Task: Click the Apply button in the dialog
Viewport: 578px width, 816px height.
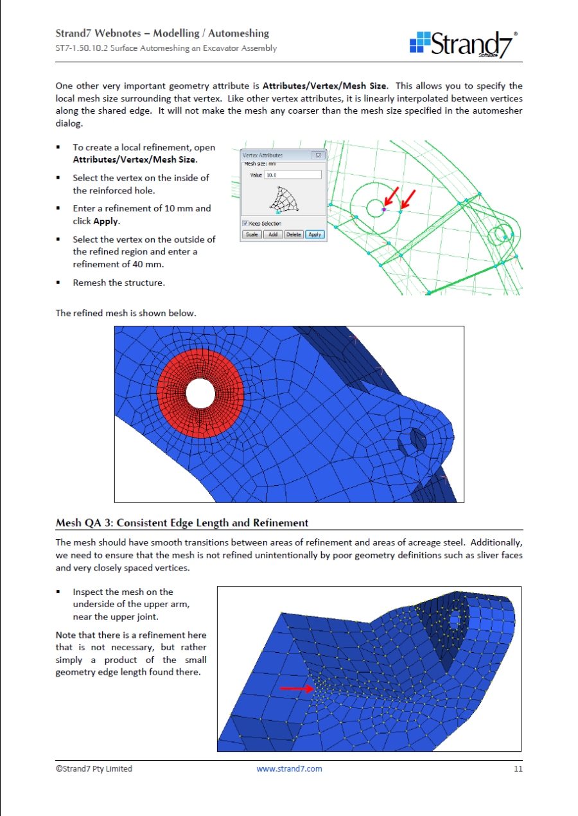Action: (x=315, y=235)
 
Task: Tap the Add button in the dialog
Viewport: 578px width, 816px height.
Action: (x=272, y=235)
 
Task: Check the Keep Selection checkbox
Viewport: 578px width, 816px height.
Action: (x=245, y=223)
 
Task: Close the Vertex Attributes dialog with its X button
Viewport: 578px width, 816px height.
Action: (x=317, y=155)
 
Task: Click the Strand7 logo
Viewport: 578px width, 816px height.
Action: (x=463, y=44)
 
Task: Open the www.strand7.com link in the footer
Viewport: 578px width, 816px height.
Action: (x=289, y=768)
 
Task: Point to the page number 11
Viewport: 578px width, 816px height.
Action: (x=518, y=768)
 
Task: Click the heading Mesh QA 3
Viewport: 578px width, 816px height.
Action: (x=182, y=522)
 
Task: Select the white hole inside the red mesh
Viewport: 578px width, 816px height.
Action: (x=200, y=393)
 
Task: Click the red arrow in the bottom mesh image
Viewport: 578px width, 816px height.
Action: (x=297, y=688)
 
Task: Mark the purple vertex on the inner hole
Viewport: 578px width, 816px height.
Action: (x=383, y=209)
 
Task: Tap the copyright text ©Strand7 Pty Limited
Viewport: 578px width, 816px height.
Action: (x=94, y=768)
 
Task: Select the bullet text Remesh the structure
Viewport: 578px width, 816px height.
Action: (x=119, y=283)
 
